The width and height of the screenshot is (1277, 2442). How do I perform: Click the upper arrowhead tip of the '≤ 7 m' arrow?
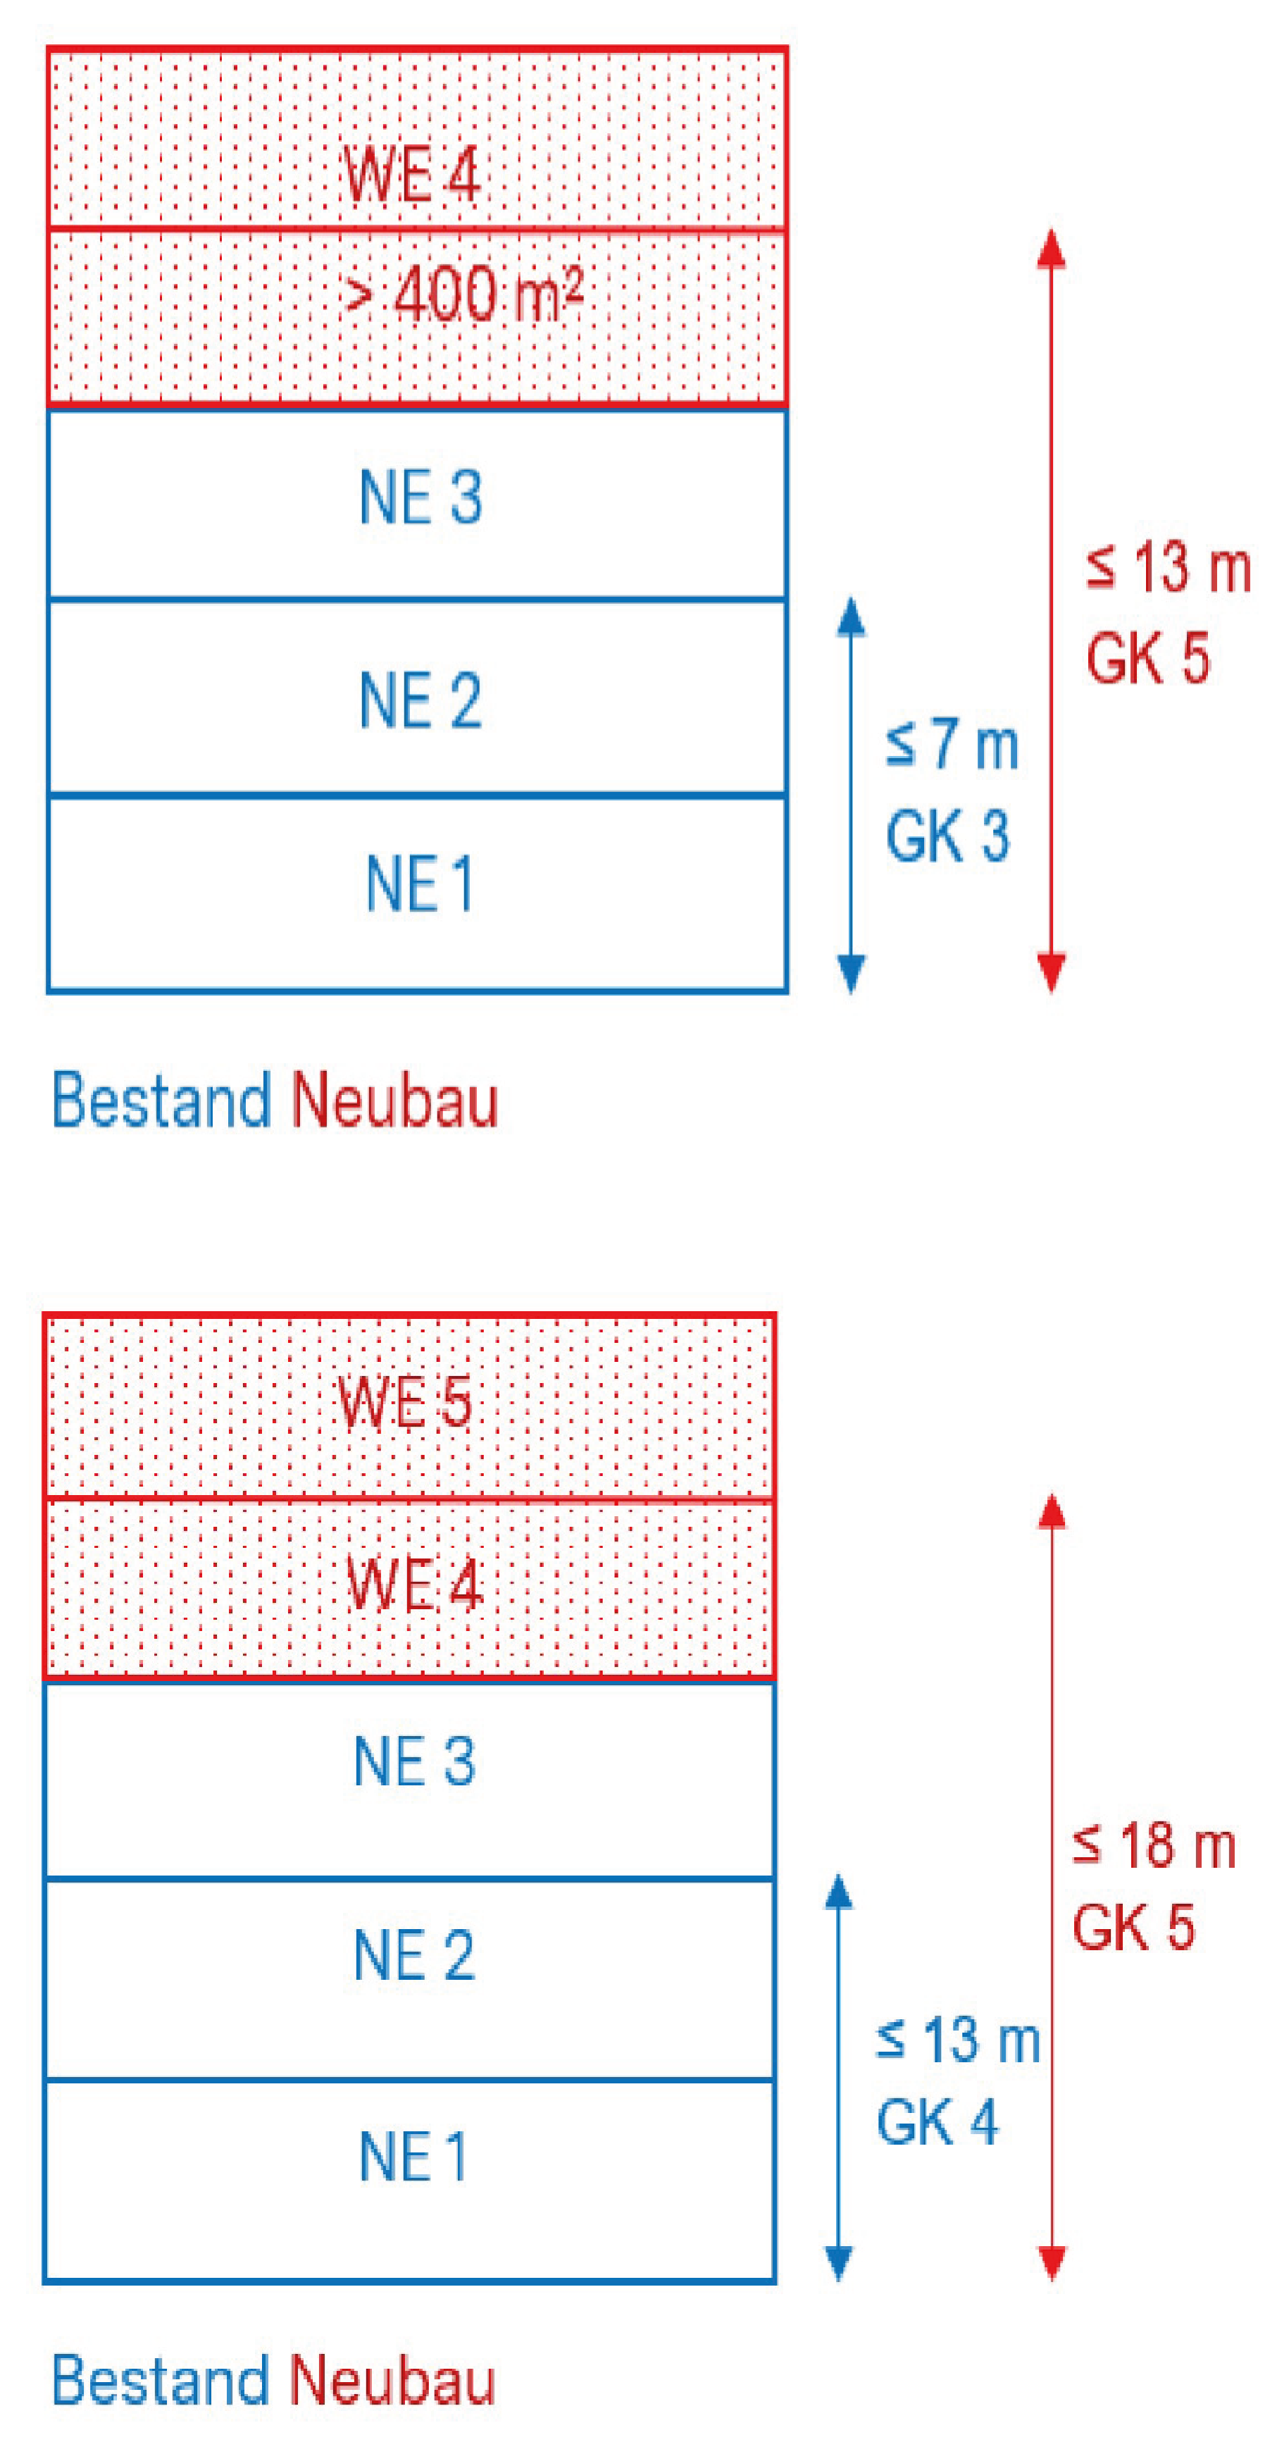click(x=852, y=597)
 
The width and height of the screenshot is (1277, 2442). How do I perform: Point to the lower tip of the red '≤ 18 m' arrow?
click(x=1052, y=2280)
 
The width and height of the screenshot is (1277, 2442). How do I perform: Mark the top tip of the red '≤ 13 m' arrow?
click(x=1050, y=230)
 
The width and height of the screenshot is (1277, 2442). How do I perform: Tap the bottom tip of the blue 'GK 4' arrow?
click(x=838, y=2280)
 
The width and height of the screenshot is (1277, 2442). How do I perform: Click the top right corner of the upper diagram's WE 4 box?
click(x=787, y=47)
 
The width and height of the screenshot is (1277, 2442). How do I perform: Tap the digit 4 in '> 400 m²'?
click(x=411, y=294)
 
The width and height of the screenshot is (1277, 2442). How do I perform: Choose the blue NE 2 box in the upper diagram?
click(x=417, y=698)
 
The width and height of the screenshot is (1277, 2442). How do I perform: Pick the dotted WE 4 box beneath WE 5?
click(x=409, y=1589)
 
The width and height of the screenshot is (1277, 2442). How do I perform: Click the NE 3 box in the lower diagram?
click(x=409, y=1779)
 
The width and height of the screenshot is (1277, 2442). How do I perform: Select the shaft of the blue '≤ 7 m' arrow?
click(x=852, y=795)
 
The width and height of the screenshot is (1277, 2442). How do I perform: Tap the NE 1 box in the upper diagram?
click(x=417, y=894)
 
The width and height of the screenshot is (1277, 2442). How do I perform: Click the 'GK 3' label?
click(x=947, y=836)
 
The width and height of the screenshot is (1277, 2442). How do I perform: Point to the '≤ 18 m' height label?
click(x=1154, y=1847)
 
